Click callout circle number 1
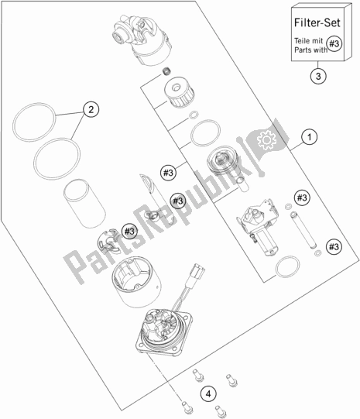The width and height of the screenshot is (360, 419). point(309,137)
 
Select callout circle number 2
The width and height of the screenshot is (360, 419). point(91,109)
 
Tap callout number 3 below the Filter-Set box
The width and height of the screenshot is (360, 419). point(318,76)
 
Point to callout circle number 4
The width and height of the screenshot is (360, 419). point(208,394)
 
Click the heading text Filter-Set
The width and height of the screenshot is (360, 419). point(317,22)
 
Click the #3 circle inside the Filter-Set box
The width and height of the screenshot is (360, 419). point(334,43)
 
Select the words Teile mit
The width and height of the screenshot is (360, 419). point(308,41)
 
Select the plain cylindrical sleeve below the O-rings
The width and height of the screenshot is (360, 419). point(84,204)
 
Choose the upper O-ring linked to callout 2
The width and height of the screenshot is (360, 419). point(34,122)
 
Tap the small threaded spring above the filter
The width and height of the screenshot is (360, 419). point(166,71)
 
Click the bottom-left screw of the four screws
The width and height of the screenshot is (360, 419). point(187,407)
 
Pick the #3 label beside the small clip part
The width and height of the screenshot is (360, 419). point(129,231)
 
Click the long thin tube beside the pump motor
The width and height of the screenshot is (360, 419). point(303,229)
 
